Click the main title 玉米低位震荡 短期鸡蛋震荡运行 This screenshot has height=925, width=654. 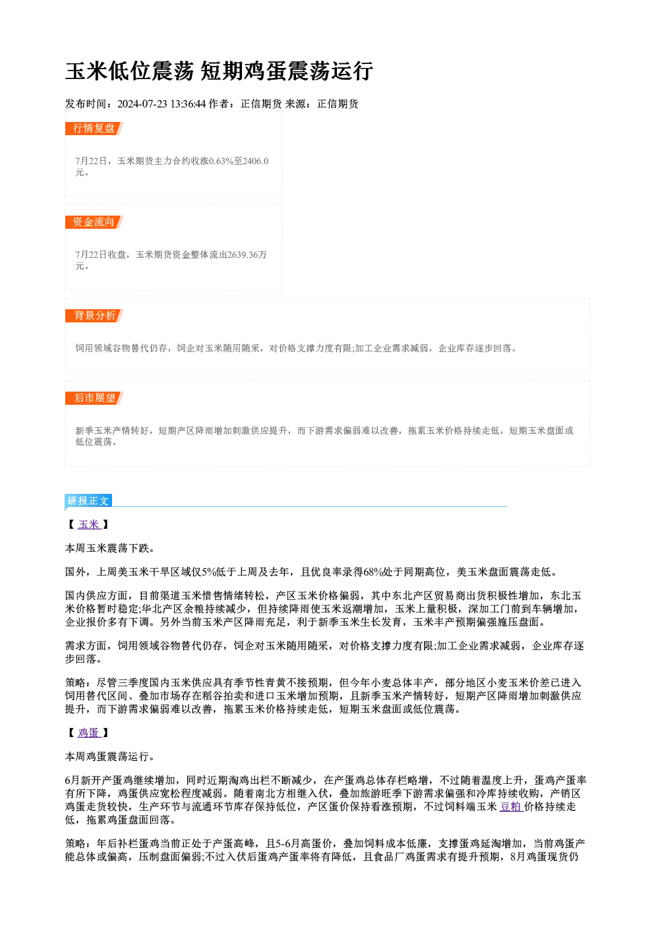pyautogui.click(x=220, y=71)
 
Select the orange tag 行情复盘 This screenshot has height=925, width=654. pyautogui.click(x=94, y=129)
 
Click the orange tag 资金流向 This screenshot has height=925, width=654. pyautogui.click(x=94, y=222)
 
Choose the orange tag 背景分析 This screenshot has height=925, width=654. pyautogui.click(x=94, y=316)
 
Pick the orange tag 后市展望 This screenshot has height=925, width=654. pyautogui.click(x=94, y=398)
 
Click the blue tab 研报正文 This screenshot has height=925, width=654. pyautogui.click(x=88, y=501)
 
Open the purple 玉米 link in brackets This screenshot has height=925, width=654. pyautogui.click(x=89, y=524)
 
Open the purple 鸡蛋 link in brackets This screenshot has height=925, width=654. pyautogui.click(x=89, y=732)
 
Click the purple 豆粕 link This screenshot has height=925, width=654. pyautogui.click(x=511, y=806)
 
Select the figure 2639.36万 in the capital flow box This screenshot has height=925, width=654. pyautogui.click(x=247, y=254)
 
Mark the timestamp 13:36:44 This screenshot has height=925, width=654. pyautogui.click(x=188, y=104)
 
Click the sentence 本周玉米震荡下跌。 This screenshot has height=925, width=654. pyautogui.click(x=110, y=548)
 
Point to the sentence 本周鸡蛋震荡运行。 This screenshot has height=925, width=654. pyautogui.click(x=110, y=756)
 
